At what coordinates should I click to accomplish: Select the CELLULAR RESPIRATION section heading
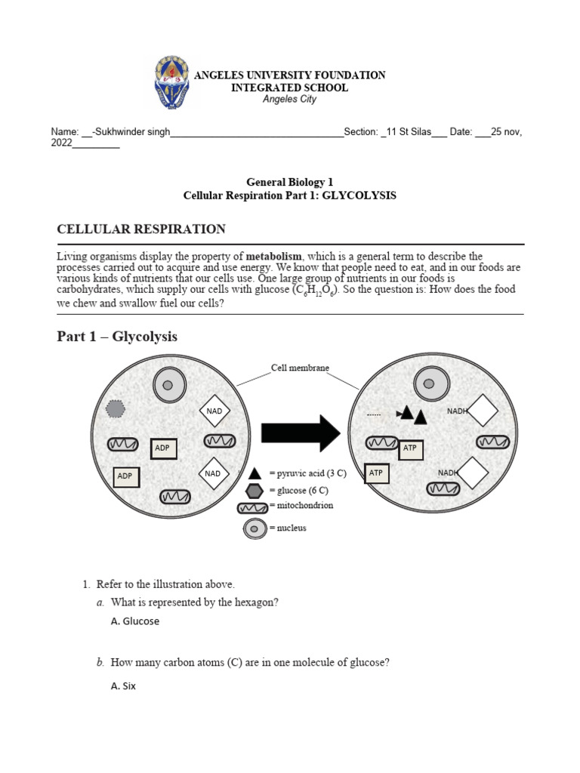(x=141, y=229)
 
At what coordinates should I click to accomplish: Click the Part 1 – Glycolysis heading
(x=117, y=337)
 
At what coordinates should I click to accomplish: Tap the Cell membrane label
(x=300, y=368)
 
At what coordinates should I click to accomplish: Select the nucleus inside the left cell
(x=168, y=386)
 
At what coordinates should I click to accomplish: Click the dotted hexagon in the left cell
(x=116, y=408)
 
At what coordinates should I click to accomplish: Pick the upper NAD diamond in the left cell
(x=213, y=411)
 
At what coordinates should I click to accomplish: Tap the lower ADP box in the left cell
(x=125, y=476)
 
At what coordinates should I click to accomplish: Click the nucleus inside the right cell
(x=428, y=384)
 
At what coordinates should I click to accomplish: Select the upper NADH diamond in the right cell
(x=483, y=411)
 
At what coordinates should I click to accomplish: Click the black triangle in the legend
(x=255, y=473)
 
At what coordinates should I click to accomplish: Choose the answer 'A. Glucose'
(x=134, y=621)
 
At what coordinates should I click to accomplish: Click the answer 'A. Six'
(x=123, y=687)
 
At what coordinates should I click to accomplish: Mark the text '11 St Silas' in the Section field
(x=407, y=131)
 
